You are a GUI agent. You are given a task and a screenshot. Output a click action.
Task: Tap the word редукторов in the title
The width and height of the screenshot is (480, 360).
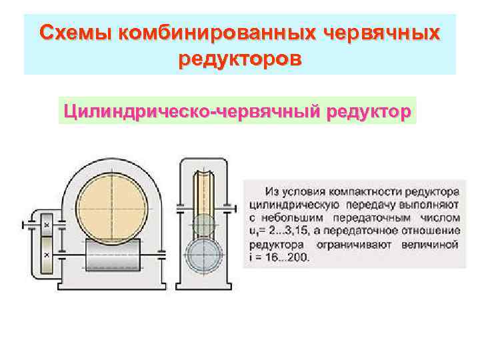pyautogui.click(x=240, y=59)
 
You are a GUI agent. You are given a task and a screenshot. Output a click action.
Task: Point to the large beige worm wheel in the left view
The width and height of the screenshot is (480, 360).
pyautogui.click(x=111, y=199)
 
